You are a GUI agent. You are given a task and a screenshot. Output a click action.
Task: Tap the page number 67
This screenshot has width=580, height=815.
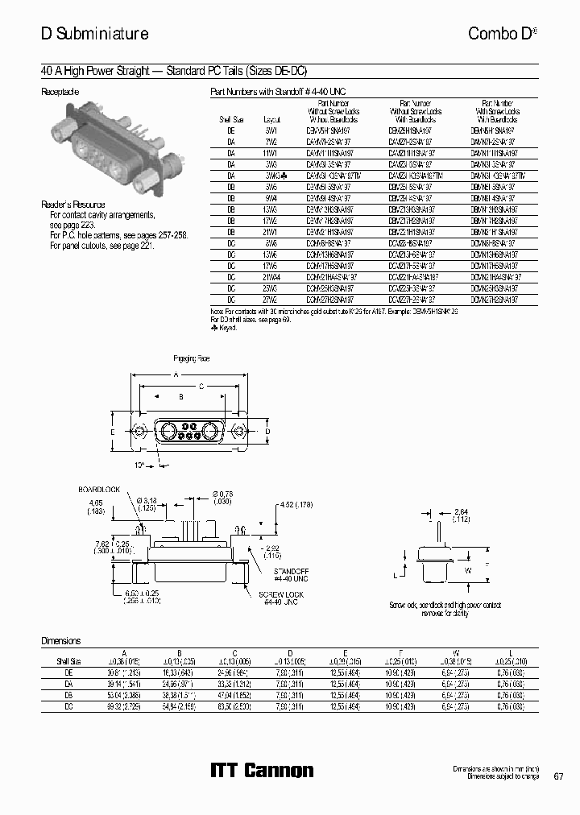(x=558, y=776)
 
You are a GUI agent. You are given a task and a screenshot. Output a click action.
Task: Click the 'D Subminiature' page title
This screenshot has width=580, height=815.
(x=94, y=34)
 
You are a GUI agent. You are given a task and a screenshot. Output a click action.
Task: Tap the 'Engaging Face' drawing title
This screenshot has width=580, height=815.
(x=193, y=357)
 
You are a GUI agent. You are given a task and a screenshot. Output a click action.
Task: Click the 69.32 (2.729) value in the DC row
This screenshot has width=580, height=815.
(x=123, y=705)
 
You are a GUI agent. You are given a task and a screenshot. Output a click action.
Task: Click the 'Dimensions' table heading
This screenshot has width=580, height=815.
(x=61, y=641)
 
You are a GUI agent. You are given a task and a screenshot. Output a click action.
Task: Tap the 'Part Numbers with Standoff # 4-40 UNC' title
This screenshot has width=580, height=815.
(x=277, y=93)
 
